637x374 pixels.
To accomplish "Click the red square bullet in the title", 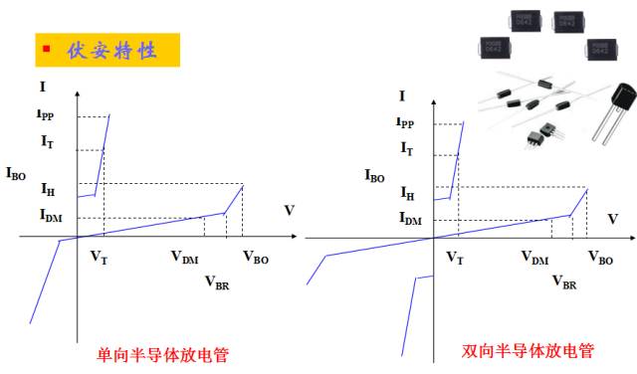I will tap(46, 48).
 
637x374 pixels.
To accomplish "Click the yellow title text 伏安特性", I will tap(110, 50).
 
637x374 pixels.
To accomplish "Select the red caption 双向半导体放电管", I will tap(528, 351).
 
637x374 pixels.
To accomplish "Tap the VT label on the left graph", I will tap(99, 257).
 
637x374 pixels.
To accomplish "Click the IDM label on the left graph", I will tap(51, 215).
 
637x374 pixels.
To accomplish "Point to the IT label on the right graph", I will tap(406, 148).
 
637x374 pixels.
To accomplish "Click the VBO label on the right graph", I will tap(600, 258).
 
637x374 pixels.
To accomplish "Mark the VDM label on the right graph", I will tap(535, 258).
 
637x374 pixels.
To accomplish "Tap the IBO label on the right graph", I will tap(374, 176).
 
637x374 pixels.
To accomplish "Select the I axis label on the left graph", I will tap(41, 91).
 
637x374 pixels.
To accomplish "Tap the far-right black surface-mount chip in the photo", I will tap(597, 47).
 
